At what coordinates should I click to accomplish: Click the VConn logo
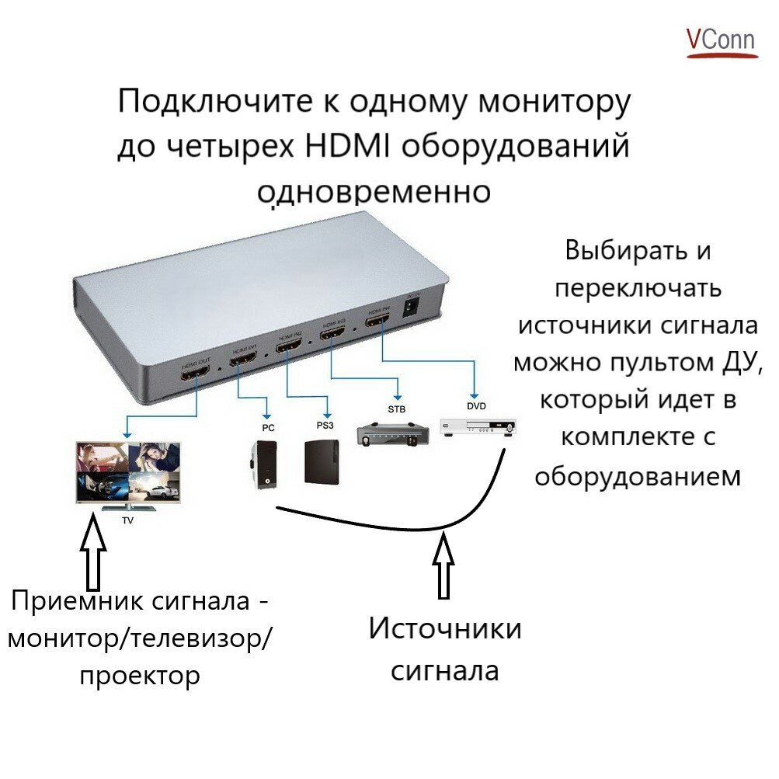(720, 42)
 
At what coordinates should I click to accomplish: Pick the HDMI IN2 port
(287, 346)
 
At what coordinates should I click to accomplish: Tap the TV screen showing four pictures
(129, 474)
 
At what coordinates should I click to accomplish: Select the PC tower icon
(263, 464)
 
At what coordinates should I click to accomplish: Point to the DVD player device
(477, 426)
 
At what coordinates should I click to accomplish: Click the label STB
(396, 409)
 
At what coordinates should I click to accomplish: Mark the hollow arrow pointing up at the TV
(92, 555)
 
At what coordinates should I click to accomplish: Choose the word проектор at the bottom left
(140, 675)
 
